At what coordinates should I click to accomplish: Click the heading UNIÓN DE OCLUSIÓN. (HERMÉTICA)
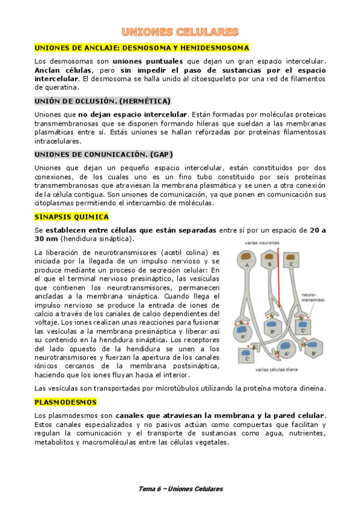tap(102, 100)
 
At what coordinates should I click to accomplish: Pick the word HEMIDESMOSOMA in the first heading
tap(216, 48)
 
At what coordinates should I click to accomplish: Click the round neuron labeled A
tap(246, 260)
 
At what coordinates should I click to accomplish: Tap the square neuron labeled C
tap(291, 260)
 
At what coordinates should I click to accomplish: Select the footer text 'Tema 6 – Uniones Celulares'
tap(180, 488)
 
